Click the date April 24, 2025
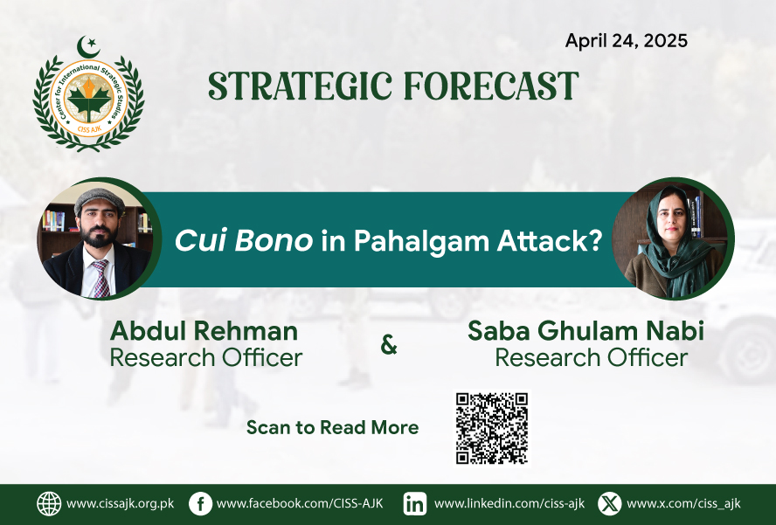[x=626, y=41]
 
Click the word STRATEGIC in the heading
[x=301, y=86]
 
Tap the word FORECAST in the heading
[x=491, y=86]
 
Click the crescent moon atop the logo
[x=87, y=47]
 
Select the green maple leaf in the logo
[x=88, y=100]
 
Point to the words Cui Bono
[x=244, y=240]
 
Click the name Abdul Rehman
[x=204, y=331]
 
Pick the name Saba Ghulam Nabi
[x=586, y=331]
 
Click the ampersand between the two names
[x=389, y=345]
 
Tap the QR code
[x=492, y=429]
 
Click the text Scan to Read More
[x=333, y=427]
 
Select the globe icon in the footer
[x=49, y=504]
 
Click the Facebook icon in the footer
[x=200, y=504]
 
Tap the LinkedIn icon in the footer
[x=415, y=504]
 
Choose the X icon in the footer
[x=610, y=504]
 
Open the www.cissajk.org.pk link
[x=121, y=504]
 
